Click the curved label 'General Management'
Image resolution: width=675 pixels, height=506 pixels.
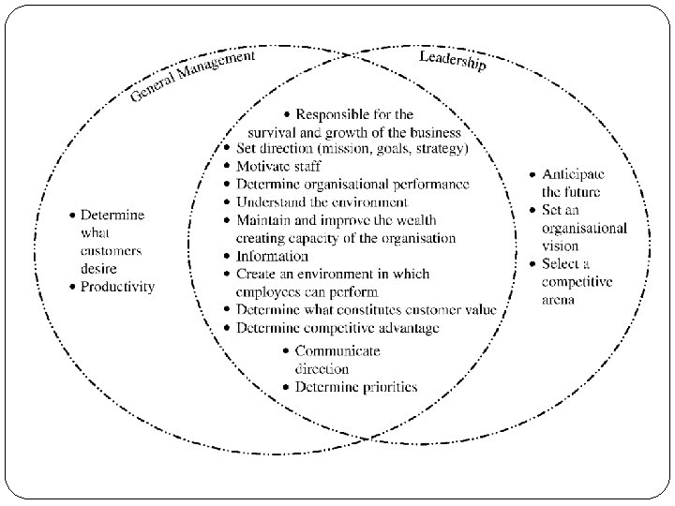tap(192, 78)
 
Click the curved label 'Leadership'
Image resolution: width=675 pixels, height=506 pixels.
tap(452, 64)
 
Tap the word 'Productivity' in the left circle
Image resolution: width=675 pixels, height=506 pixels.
tap(117, 287)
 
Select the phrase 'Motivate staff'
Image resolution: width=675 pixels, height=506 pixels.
tap(278, 166)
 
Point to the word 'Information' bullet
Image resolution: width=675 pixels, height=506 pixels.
tap(272, 256)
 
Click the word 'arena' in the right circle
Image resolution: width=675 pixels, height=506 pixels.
tap(558, 300)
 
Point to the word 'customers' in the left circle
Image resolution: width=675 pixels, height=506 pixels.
tap(111, 251)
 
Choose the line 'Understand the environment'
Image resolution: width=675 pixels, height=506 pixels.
tap(322, 201)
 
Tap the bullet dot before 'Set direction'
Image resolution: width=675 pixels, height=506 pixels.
tap(228, 148)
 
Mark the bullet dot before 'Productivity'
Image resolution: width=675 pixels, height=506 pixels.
tap(71, 287)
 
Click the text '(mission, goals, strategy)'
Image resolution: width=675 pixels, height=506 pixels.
tap(394, 148)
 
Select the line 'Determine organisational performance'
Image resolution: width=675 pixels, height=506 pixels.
tap(352, 184)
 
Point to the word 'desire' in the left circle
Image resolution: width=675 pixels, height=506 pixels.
tap(98, 268)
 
